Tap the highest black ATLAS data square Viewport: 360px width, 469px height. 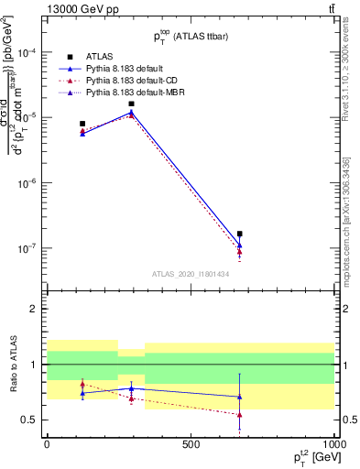pos(132,104)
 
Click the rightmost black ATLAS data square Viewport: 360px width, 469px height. pos(239,234)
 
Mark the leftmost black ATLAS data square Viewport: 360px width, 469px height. pos(82,124)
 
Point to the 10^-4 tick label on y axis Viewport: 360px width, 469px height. pos(28,53)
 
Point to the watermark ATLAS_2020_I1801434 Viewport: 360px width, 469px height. pos(190,273)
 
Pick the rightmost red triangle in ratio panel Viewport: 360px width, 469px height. pos(239,415)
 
